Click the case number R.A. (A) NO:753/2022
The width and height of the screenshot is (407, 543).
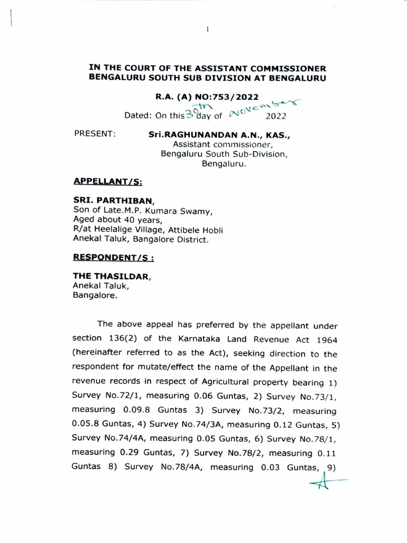(207, 97)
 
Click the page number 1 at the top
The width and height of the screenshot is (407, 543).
(207, 29)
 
